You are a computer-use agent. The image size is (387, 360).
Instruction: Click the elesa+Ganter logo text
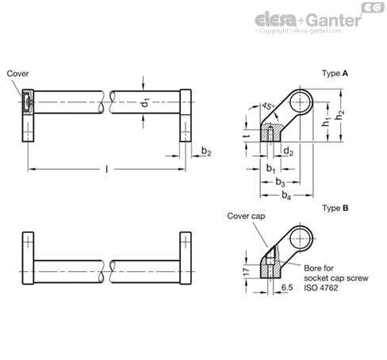[308, 20]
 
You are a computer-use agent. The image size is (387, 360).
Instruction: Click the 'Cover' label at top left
[17, 74]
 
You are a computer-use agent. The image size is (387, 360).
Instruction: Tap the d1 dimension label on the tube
[146, 102]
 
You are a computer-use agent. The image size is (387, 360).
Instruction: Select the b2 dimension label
[206, 151]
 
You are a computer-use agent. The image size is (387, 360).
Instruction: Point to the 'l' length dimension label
[106, 169]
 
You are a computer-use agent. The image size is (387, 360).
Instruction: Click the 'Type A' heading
[335, 73]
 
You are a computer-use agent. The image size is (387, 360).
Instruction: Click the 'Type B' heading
[335, 208]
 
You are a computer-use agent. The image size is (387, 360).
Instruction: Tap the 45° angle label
[268, 106]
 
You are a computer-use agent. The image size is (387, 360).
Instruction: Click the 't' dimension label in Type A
[247, 136]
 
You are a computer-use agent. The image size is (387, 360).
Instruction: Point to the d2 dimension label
[288, 151]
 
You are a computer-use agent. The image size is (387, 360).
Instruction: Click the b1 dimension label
[270, 168]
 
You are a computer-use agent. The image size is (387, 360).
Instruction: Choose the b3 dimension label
[280, 182]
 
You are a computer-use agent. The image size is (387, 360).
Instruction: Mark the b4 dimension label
[286, 196]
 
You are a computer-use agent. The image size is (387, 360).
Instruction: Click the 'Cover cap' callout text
[246, 216]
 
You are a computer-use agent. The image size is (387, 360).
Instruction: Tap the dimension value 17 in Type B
[247, 272]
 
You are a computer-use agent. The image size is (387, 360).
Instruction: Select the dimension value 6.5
[287, 287]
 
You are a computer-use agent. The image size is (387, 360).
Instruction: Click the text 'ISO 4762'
[321, 288]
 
